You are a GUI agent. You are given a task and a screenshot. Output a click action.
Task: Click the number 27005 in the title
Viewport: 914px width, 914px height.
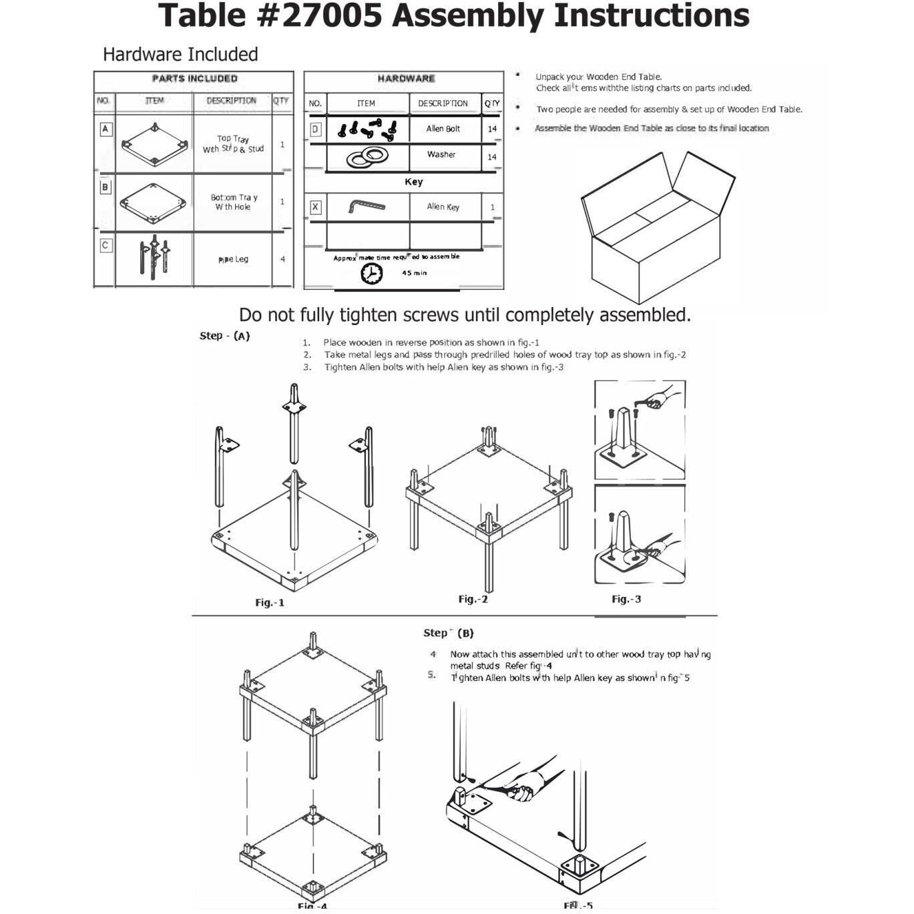tap(331, 16)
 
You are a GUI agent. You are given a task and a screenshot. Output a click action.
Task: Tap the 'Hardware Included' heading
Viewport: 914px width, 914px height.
tap(180, 55)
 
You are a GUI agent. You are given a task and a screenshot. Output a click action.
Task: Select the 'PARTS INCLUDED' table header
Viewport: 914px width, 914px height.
tap(194, 79)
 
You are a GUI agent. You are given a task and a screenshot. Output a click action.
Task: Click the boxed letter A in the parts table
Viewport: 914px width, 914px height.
tap(105, 129)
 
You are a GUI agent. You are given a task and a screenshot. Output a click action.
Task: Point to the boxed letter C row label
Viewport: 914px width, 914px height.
tap(105, 246)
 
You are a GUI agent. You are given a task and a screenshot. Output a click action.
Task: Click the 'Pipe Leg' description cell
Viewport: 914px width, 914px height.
tap(233, 259)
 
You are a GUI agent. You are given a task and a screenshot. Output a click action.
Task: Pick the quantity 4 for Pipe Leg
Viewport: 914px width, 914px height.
tap(283, 259)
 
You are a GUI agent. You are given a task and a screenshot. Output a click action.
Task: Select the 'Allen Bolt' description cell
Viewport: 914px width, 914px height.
tap(443, 129)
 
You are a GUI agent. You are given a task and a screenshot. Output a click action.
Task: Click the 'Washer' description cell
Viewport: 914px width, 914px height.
tap(441, 154)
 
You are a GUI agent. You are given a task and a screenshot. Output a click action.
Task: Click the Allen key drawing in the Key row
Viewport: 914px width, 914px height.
tap(366, 206)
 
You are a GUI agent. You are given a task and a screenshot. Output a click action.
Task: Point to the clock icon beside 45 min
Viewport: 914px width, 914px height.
tap(372, 273)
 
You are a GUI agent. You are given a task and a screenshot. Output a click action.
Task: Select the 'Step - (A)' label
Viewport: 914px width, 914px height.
tap(224, 336)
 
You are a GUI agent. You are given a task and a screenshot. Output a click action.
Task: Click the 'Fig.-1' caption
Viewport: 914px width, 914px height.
tap(270, 602)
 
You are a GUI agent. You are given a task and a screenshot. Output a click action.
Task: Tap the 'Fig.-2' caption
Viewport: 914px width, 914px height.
tap(473, 599)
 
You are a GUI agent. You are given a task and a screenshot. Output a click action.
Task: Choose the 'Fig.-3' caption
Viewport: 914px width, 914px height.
tap(626, 599)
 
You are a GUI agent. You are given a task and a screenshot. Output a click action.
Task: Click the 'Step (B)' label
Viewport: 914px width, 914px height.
tap(449, 633)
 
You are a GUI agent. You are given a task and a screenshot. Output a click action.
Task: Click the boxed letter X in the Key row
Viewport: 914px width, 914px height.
tap(315, 207)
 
